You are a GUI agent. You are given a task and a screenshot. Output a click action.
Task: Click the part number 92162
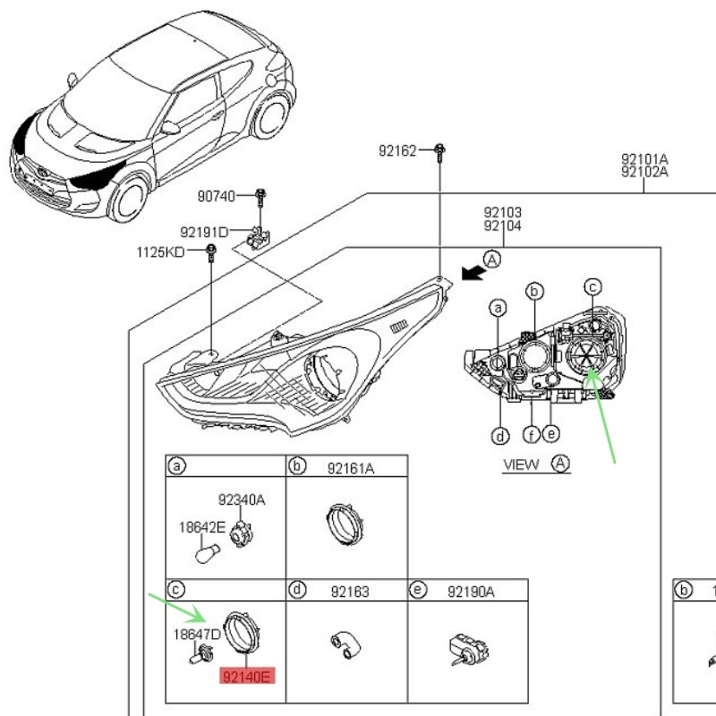click(x=396, y=151)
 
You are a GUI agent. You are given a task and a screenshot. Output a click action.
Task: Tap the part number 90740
click(x=217, y=194)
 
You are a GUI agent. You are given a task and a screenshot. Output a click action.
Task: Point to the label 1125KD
click(x=159, y=252)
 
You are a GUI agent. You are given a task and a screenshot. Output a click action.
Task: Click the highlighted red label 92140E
click(x=247, y=676)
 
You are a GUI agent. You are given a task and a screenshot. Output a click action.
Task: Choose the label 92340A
click(x=242, y=500)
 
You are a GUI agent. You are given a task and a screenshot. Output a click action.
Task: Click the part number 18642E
click(x=201, y=528)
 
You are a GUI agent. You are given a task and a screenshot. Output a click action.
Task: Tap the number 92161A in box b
click(x=351, y=467)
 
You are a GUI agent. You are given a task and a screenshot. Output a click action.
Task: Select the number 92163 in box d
click(x=349, y=592)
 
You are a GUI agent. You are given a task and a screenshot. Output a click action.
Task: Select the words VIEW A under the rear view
click(x=535, y=464)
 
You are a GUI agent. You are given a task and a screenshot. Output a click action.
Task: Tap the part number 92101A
click(x=644, y=159)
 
